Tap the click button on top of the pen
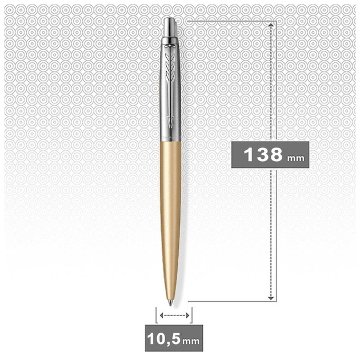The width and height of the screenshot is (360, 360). tap(171, 26)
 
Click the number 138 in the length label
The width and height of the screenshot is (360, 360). tap(262, 154)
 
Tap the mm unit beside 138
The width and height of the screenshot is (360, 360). tap(294, 157)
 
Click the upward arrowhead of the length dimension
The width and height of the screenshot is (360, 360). tap(271, 26)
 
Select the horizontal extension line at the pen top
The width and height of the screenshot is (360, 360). tap(229, 22)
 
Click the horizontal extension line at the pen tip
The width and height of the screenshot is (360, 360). tap(229, 301)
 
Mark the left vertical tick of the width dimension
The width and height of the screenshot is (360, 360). tap(156, 315)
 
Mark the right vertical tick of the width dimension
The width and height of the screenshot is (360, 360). tap(192, 315)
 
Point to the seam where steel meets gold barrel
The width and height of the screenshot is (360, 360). tap(171, 142)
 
